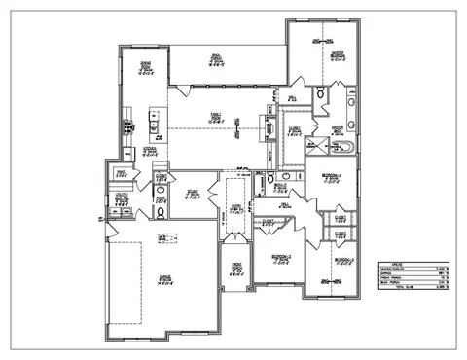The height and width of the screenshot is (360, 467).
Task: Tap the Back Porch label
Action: click(x=215, y=59)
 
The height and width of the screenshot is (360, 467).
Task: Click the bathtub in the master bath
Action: click(x=343, y=148)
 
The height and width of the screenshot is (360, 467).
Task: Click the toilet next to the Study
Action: click(x=160, y=210)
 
